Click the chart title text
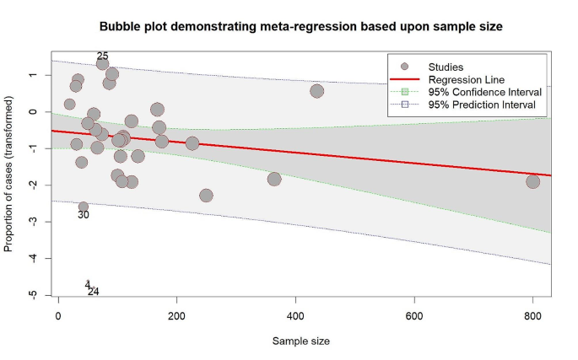click(300, 27)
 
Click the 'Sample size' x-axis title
click(300, 341)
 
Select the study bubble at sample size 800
click(532, 181)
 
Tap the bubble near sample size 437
click(317, 91)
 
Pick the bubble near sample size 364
click(274, 179)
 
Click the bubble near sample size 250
click(206, 196)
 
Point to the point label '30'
click(84, 215)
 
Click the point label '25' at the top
click(103, 56)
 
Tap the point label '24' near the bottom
click(94, 292)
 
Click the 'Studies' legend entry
click(446, 66)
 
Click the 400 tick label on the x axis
click(295, 315)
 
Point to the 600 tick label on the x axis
click(414, 315)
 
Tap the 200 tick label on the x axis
click(176, 315)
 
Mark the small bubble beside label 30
click(84, 207)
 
